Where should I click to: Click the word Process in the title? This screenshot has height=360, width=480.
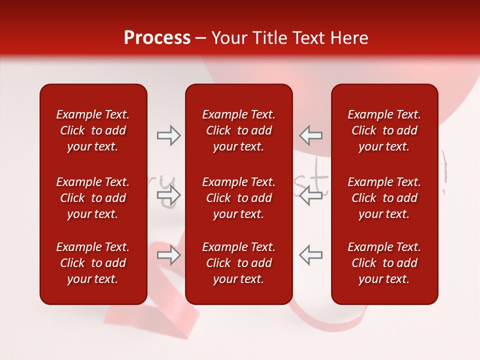tap(157, 38)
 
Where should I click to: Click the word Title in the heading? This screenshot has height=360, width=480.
tap(269, 38)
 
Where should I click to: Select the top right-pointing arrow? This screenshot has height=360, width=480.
tap(169, 135)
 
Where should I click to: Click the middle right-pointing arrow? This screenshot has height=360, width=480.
tap(169, 195)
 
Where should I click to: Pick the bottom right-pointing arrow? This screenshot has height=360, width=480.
tap(169, 255)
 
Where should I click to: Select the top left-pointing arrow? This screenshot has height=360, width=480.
tap(310, 135)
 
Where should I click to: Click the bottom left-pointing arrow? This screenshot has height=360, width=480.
tap(310, 255)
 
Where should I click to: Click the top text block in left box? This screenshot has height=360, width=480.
tap(93, 130)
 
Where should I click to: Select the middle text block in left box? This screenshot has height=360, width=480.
tap(93, 198)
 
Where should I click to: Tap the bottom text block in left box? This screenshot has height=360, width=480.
tap(93, 263)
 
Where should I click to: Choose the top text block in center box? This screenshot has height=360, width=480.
tap(238, 130)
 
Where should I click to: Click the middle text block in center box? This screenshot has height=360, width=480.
tap(238, 198)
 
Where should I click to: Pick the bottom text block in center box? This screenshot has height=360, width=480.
tap(238, 263)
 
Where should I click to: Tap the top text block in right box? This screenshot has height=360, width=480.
tap(384, 130)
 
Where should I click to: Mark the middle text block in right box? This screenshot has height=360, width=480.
tap(384, 198)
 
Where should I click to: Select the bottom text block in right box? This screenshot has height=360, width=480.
tap(384, 263)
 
